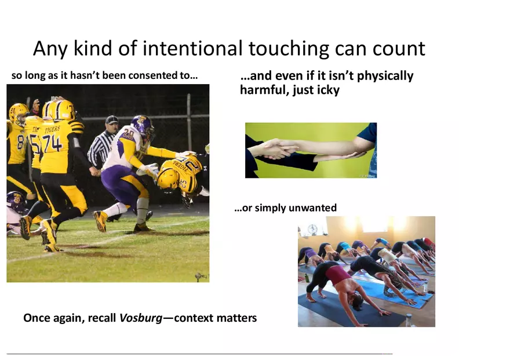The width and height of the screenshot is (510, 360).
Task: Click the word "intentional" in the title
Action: [192, 49]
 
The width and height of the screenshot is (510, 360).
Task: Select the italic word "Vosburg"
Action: [141, 318]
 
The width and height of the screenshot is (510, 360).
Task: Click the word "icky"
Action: [329, 90]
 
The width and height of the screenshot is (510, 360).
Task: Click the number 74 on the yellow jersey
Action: [52, 144]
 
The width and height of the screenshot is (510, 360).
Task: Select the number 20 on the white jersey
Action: [129, 134]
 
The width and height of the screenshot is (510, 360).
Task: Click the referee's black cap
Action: [111, 119]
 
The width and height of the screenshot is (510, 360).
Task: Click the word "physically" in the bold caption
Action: [385, 76]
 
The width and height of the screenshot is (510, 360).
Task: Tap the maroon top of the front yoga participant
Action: [338, 274]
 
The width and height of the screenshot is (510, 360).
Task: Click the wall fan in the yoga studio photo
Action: [313, 229]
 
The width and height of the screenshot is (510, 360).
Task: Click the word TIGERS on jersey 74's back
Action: [52, 129]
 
